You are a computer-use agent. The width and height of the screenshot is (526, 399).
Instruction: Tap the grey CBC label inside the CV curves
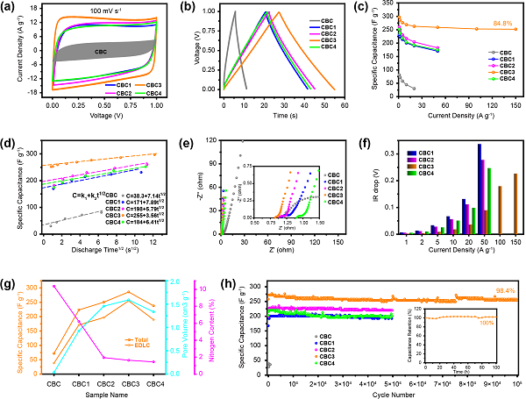coord(102,52)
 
